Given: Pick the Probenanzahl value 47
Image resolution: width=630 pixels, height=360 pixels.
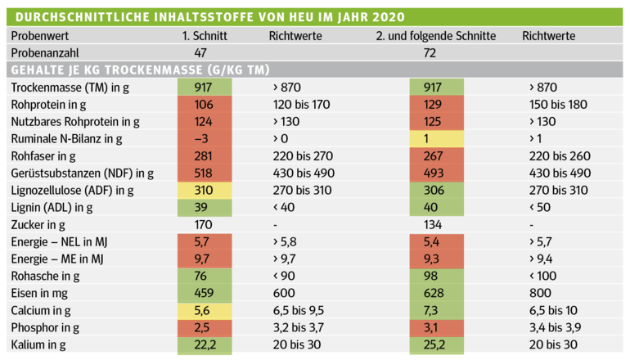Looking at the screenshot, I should point(200,53).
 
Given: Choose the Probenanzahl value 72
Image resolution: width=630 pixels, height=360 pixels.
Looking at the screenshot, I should point(429,53).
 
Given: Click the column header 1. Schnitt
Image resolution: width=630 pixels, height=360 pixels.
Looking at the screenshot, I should point(204,36).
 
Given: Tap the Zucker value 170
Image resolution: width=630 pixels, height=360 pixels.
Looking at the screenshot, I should point(200,224).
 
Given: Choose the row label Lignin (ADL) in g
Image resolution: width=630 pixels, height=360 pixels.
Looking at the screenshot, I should point(53,207).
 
